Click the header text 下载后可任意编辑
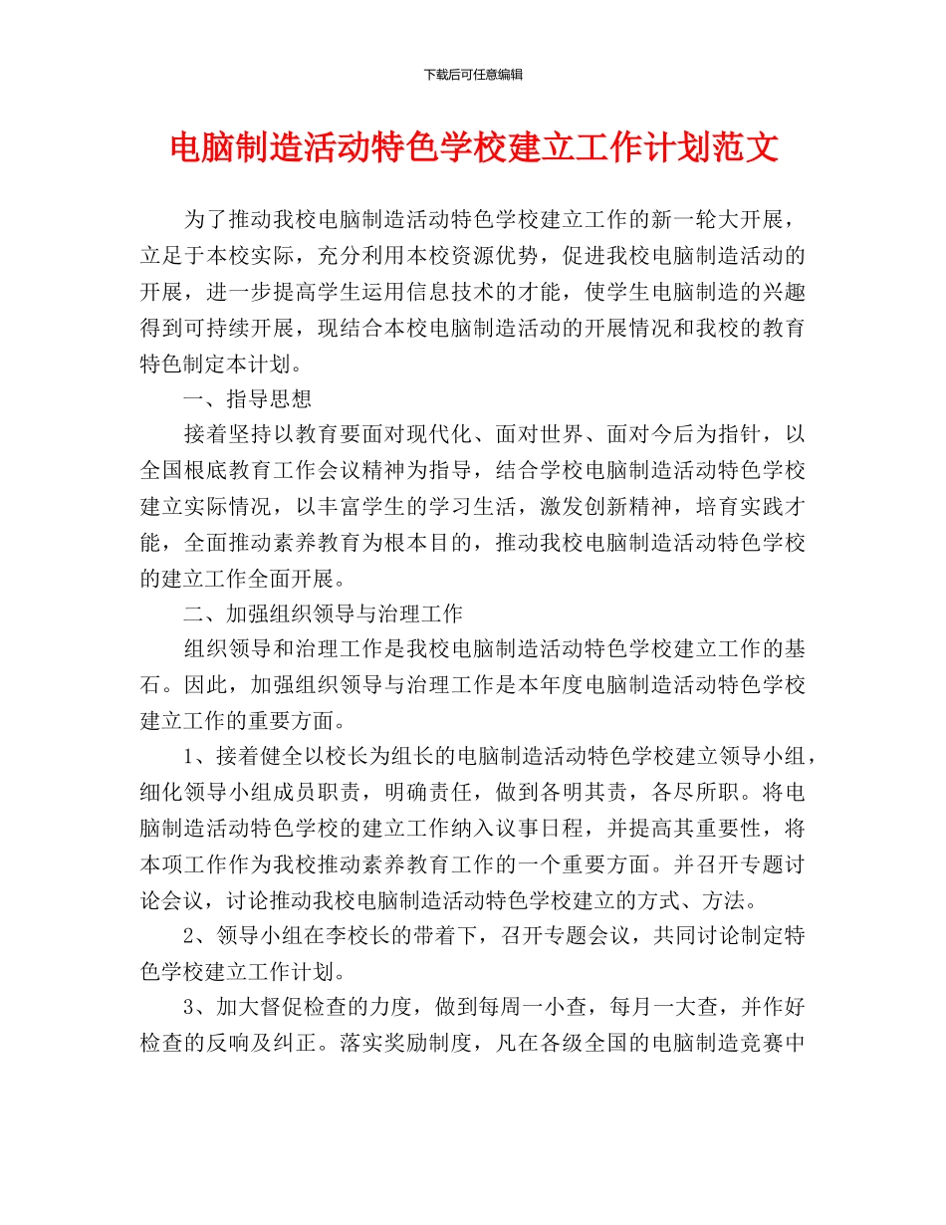point(473,75)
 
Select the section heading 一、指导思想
point(248,398)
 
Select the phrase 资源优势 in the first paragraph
point(500,256)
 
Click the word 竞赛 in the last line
point(763,1042)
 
